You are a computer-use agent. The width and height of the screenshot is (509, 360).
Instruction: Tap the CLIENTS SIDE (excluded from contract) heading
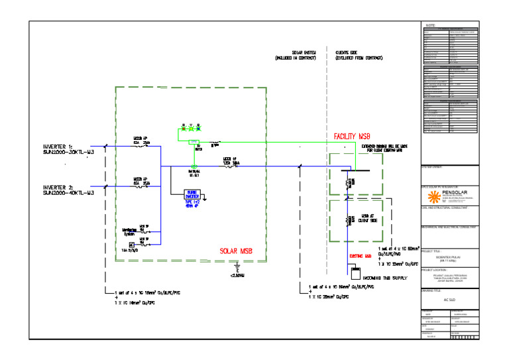coord(360,55)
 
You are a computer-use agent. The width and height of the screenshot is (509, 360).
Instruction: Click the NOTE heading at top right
coord(430,25)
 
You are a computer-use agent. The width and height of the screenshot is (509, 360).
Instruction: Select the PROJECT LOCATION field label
coord(436,270)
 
